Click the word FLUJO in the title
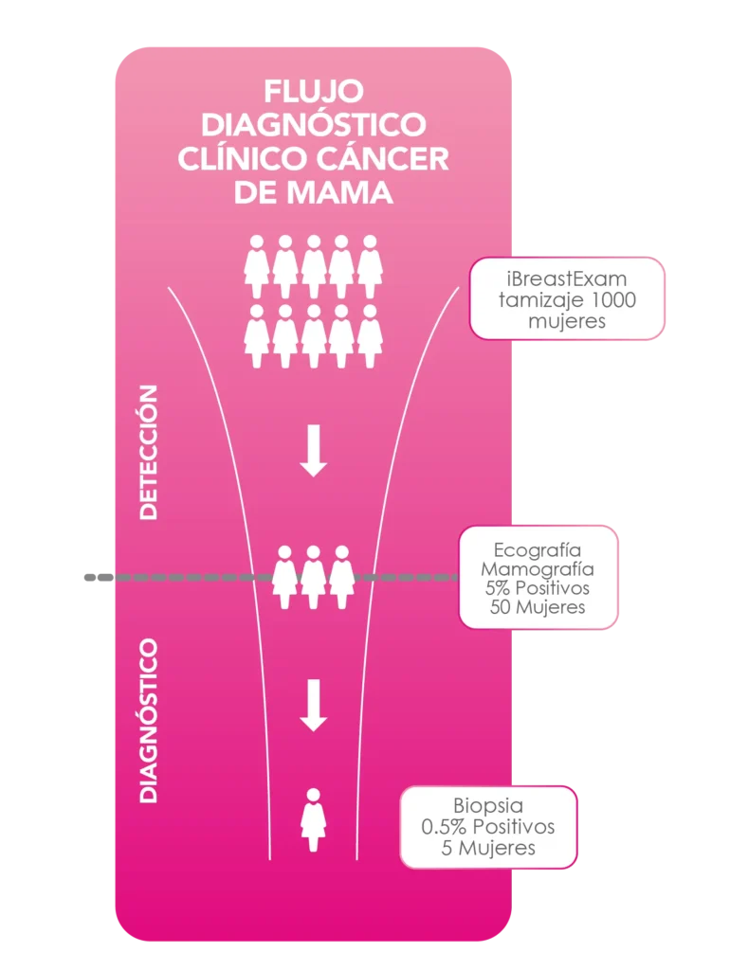pyautogui.click(x=313, y=92)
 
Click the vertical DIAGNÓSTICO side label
pyautogui.click(x=148, y=721)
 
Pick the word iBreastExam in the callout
pyautogui.click(x=567, y=279)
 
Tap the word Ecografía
pyautogui.click(x=538, y=550)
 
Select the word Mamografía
pyautogui.click(x=538, y=569)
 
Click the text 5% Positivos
pyautogui.click(x=538, y=588)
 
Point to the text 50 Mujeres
pyautogui.click(x=538, y=607)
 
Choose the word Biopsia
pyautogui.click(x=488, y=807)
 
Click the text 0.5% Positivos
pyautogui.click(x=488, y=827)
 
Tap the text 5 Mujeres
pyautogui.click(x=488, y=847)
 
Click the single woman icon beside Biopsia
pyautogui.click(x=313, y=820)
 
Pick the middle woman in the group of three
pyautogui.click(x=313, y=576)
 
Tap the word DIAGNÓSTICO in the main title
pyautogui.click(x=313, y=125)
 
